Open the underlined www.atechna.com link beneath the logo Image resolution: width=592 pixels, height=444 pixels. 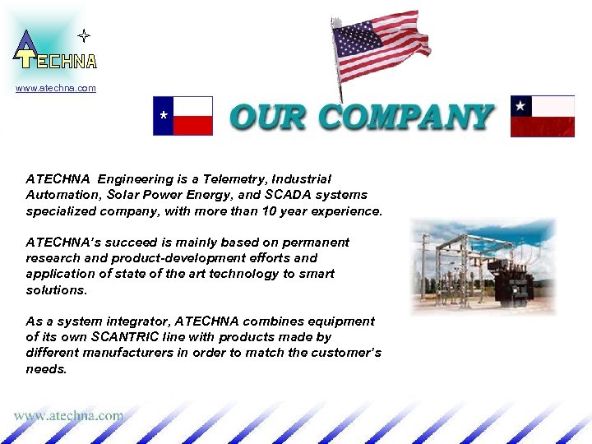(55, 88)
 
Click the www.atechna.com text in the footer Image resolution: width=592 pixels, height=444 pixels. (68, 416)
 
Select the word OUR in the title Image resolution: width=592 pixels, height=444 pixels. (268, 118)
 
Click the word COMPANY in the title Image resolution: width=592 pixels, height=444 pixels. (406, 118)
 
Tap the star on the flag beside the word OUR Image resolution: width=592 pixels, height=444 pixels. (164, 115)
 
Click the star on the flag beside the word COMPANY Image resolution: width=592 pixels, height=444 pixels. (520, 106)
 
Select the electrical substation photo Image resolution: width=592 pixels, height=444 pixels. (483, 266)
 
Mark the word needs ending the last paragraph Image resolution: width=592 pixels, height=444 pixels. (45, 369)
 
